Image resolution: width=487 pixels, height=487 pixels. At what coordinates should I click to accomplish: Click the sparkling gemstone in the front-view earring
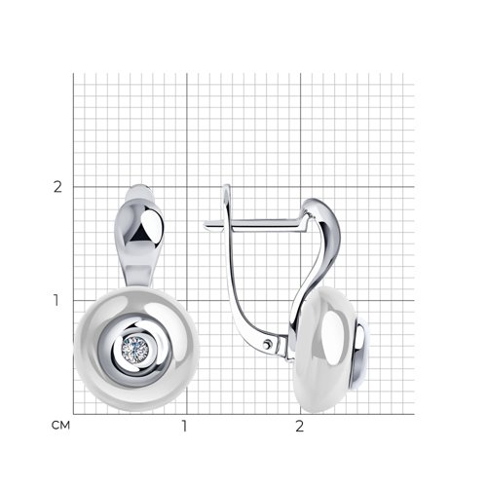[135, 350]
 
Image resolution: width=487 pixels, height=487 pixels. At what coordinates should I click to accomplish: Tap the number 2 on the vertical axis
[57, 187]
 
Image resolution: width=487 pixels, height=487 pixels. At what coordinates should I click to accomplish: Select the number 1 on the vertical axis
[56, 300]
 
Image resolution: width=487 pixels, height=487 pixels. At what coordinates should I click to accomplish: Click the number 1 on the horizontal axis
[184, 426]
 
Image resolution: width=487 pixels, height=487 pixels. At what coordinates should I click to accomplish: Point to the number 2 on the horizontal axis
[299, 426]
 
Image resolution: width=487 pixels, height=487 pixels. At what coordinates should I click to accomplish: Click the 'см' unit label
[60, 425]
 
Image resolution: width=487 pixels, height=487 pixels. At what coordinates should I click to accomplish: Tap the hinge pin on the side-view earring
[267, 344]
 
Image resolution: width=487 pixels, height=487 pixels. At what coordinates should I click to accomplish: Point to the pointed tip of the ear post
[205, 225]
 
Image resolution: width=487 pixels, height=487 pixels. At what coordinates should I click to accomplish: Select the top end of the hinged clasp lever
[227, 186]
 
